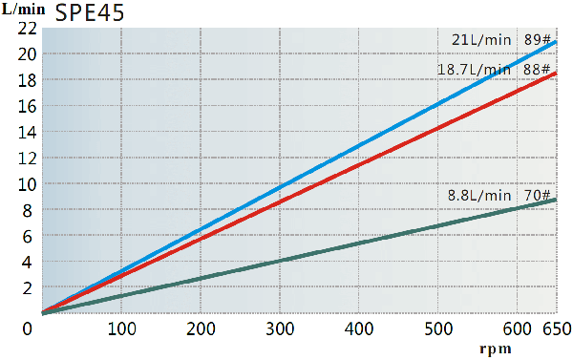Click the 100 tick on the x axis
pyautogui.click(x=120, y=329)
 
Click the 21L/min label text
pyautogui.click(x=481, y=39)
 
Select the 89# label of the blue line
pyautogui.click(x=538, y=39)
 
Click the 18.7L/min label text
pyautogui.click(x=474, y=70)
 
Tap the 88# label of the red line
pyautogui.click(x=538, y=70)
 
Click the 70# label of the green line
pyautogui.click(x=538, y=196)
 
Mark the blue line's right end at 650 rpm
pyautogui.click(x=556, y=41)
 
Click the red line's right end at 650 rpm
pyautogui.click(x=556, y=73)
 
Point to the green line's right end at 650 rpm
pyautogui.click(x=556, y=200)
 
